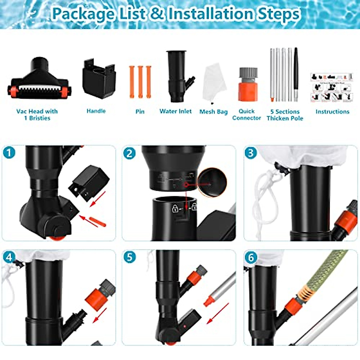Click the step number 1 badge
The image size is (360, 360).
pos(9,153)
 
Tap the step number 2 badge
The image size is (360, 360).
pos(129,153)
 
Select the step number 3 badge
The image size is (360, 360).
pos(251,153)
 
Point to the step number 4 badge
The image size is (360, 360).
pos(9,257)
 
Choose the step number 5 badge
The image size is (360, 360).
pos(129,257)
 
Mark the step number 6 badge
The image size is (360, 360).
pos(251,257)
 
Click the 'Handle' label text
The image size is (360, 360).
pos(96,111)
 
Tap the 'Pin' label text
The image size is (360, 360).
pos(140,112)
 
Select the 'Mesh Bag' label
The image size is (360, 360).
pos(214,112)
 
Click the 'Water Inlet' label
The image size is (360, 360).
pos(175,111)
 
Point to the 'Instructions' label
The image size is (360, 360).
pos(332,112)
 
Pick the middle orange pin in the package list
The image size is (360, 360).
pos(140,82)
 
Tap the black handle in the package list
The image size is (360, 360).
pos(99,79)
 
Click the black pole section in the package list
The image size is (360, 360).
pos(296,72)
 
